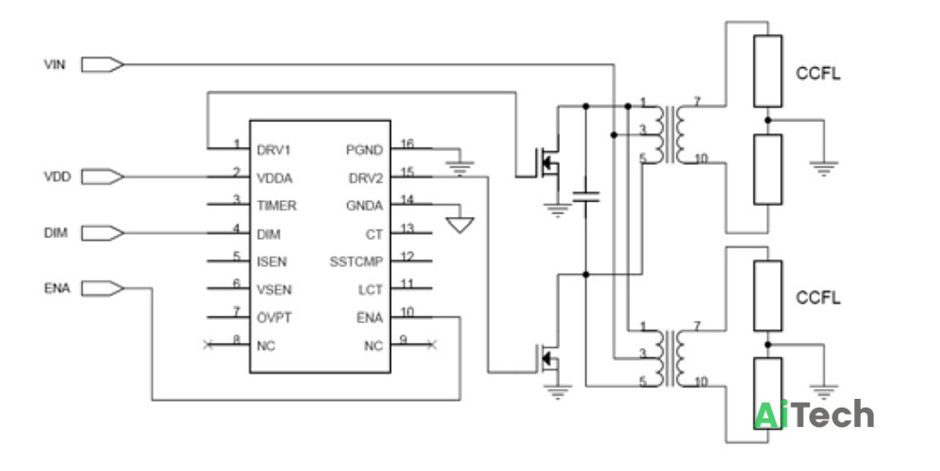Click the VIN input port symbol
(102, 64)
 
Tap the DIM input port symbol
(102, 233)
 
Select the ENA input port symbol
(102, 289)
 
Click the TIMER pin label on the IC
(276, 206)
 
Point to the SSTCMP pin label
(356, 262)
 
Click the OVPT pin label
(274, 318)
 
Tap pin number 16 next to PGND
(407, 143)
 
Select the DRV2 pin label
(366, 178)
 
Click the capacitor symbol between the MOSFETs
(586, 196)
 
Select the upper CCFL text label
(818, 74)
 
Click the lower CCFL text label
(818, 297)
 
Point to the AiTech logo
(813, 414)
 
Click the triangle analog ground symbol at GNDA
(460, 224)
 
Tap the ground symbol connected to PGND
(460, 168)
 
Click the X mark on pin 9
(432, 344)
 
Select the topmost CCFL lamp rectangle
(768, 71)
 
